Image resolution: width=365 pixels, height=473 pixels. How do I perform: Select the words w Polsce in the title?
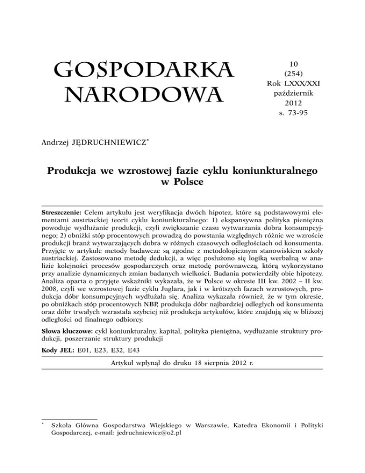pyautogui.click(x=182, y=181)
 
